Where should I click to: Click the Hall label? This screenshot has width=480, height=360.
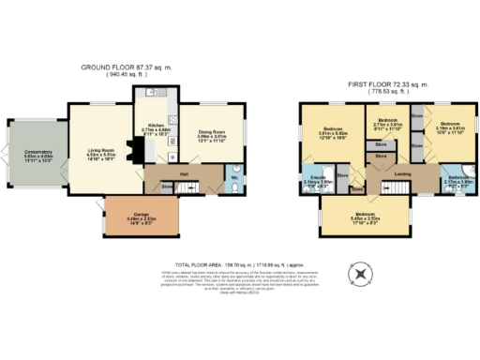click(185, 173)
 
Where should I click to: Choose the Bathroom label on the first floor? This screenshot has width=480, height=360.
click(457, 178)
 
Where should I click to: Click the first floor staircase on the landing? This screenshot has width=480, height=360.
click(394, 189)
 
